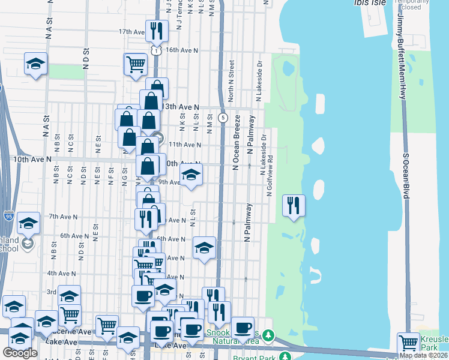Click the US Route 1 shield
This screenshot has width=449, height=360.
coord(156,51)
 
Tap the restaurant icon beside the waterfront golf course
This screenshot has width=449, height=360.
coord(294,205)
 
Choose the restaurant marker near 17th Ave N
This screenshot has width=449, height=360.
coord(157,31)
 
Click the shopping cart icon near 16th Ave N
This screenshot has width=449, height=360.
coord(136,64)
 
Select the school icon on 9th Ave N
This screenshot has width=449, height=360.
coord(191,175)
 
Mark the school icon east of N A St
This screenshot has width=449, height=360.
coord(36,64)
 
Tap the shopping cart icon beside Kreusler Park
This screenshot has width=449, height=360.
coord(408,343)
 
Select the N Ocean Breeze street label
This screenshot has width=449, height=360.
coord(236,142)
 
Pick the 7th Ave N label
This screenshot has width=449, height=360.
coord(63,217)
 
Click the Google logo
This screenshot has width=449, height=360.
coord(20,353)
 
